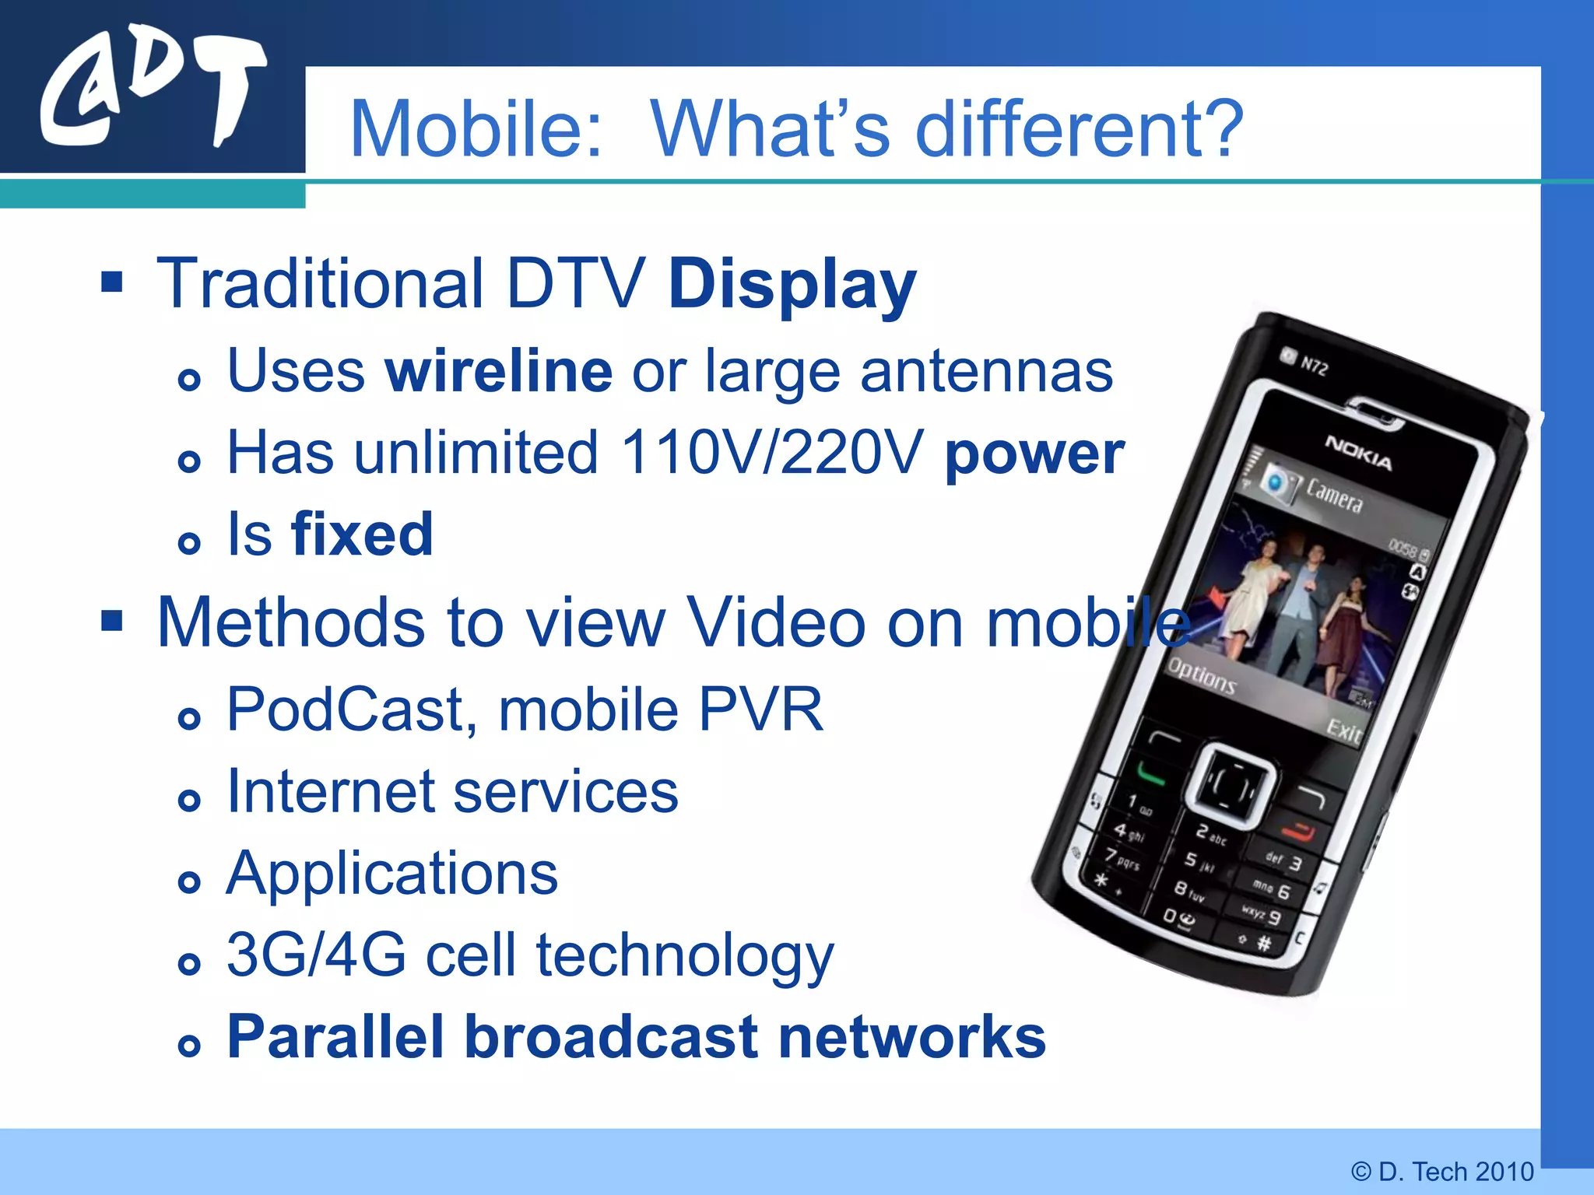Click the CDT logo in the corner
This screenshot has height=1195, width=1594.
[x=153, y=92]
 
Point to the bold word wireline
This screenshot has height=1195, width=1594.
[x=499, y=372]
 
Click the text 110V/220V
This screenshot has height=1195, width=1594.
[x=772, y=453]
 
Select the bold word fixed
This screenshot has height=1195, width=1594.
[x=362, y=535]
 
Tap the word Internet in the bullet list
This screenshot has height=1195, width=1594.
[x=331, y=792]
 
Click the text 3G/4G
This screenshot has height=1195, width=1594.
[x=316, y=955]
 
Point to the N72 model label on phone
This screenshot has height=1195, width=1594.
[x=1314, y=366]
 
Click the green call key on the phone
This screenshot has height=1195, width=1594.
[x=1151, y=774]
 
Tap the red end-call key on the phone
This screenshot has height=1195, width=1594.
[x=1297, y=832]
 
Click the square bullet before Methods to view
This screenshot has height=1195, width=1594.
[x=112, y=621]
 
